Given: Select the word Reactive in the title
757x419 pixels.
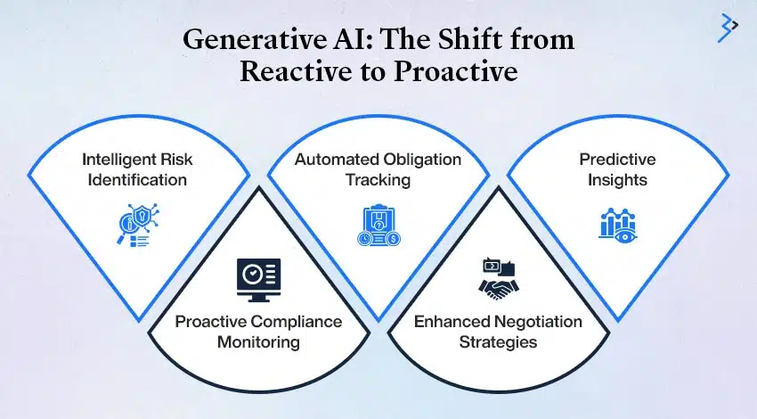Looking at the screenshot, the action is [296, 70].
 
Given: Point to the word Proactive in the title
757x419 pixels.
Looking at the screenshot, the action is [456, 70].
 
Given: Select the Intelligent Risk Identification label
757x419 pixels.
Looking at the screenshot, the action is [137, 169].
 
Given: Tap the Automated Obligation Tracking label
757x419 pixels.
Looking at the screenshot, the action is [378, 169].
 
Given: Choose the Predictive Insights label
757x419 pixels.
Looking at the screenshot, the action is [617, 169].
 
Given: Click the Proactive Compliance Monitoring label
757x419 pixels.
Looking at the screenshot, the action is [258, 332].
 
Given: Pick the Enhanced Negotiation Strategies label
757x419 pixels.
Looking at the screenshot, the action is [498, 332].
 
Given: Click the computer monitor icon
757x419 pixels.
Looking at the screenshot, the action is [259, 280].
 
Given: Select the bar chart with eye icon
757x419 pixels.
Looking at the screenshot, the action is [618, 225].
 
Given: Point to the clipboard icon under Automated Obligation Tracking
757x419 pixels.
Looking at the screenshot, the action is [379, 226].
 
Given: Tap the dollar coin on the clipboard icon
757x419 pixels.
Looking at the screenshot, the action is [394, 239].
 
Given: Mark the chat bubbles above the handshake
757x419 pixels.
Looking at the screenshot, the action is [499, 267].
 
